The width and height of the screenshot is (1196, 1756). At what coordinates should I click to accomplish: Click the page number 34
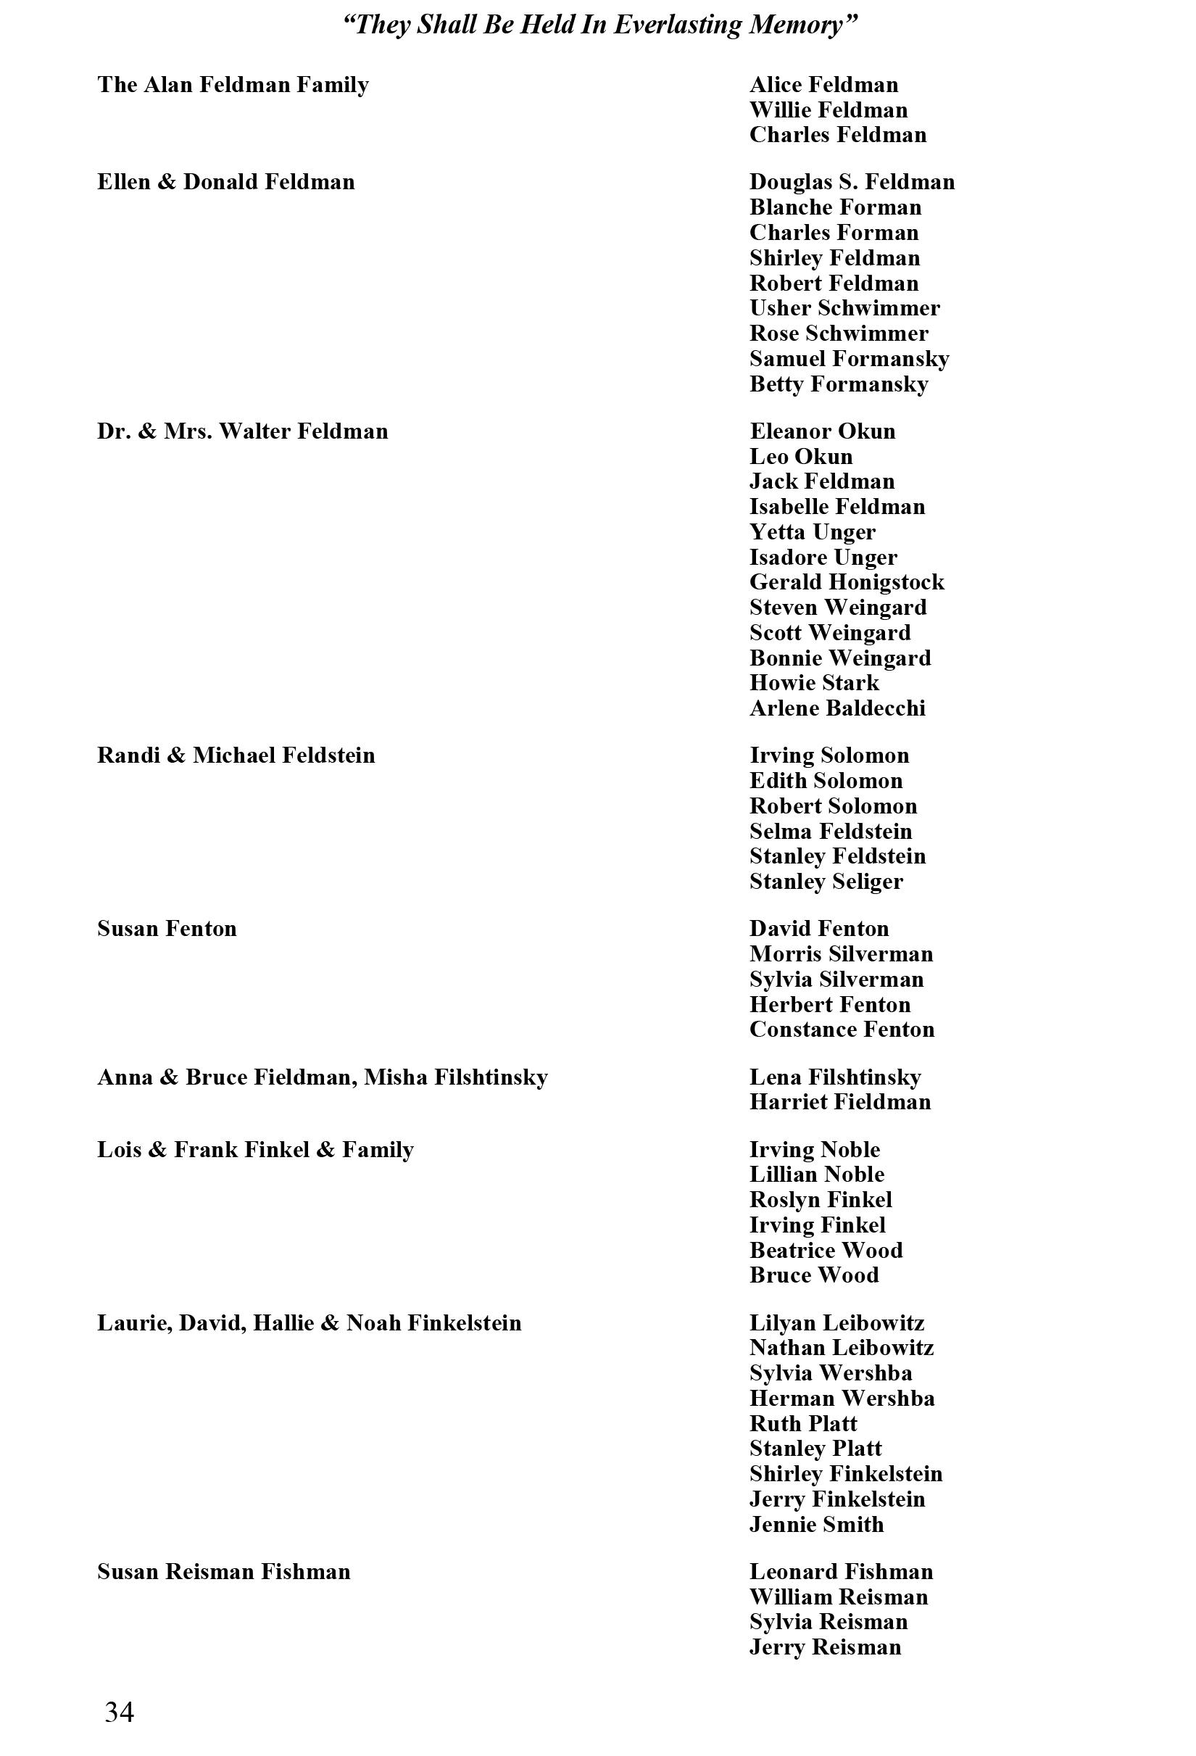coord(120,1712)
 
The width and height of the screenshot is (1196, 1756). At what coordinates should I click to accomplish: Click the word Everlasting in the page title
coord(678,25)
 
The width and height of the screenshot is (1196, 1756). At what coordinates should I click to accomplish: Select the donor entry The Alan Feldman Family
coord(233,85)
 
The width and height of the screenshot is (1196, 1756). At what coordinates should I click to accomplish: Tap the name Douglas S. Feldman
coord(852,182)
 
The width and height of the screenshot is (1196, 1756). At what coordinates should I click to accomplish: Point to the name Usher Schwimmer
coord(844,308)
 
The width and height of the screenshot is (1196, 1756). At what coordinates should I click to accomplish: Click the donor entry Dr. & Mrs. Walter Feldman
coord(243,431)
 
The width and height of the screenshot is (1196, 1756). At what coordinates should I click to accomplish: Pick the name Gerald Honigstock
coord(846,581)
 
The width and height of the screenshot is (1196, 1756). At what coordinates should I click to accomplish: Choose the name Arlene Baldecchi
coord(837,708)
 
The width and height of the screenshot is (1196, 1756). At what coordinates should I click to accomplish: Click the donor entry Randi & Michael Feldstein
coord(236,755)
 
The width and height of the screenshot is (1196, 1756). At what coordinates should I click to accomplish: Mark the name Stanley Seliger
coord(826,882)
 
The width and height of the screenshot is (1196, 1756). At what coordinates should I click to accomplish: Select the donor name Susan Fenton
coord(167,929)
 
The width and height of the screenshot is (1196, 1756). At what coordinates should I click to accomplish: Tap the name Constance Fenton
coord(842,1029)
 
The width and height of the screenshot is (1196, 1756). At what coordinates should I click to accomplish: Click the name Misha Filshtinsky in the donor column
coord(456,1077)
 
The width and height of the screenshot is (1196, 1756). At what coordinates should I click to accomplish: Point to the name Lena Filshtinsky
coord(835,1077)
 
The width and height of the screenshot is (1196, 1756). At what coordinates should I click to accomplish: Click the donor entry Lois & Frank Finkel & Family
coord(255,1150)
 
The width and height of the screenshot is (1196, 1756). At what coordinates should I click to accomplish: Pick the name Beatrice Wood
coord(826,1251)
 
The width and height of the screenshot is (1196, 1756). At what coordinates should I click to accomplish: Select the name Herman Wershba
coord(842,1399)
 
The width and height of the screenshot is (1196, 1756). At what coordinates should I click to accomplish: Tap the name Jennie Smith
coord(816,1525)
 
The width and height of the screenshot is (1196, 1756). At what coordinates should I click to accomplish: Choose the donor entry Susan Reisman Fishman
coord(224,1573)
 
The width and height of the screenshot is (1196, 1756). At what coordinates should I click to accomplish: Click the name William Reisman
coord(839,1597)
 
